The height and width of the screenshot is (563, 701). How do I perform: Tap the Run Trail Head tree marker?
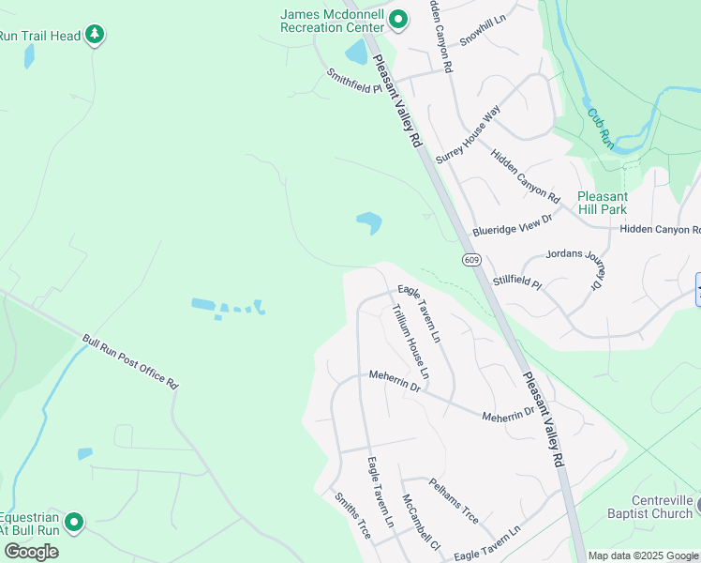(94, 36)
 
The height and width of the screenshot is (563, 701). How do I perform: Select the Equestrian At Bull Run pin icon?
(73, 522)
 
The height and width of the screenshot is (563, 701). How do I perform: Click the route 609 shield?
(471, 259)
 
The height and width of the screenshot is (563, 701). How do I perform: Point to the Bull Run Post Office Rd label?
(130, 361)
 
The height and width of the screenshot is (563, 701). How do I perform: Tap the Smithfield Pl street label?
(355, 83)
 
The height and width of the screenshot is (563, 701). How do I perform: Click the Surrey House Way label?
(468, 129)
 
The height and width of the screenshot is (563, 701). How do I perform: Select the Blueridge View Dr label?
(513, 223)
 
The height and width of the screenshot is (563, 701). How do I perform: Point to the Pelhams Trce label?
(454, 502)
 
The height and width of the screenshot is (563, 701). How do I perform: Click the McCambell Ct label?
(420, 522)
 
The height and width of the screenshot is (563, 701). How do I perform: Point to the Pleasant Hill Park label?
(602, 203)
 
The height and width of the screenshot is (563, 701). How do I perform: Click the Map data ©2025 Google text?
(644, 555)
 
